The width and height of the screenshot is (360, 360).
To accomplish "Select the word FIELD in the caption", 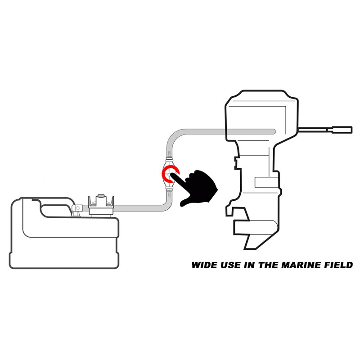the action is (338, 265).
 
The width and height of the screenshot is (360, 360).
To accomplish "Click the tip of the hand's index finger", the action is (171, 175).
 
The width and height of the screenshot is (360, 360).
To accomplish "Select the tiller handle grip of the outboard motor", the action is (342, 130).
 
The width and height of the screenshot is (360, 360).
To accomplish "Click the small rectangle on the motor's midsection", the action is (266, 182).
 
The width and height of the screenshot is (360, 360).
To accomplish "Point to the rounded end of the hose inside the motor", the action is (273, 131).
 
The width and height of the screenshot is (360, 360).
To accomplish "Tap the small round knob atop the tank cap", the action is (100, 196).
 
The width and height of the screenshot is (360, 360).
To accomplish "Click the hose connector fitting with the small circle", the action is (77, 208).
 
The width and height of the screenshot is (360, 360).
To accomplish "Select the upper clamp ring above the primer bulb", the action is (170, 159).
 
